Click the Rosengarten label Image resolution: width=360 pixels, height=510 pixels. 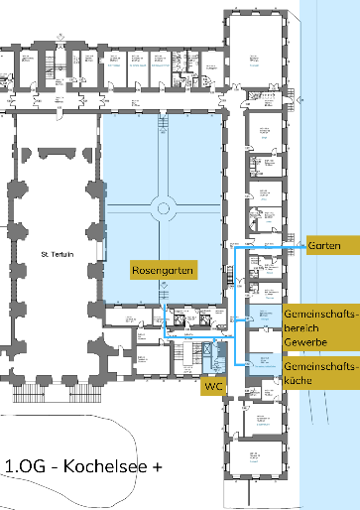click(164, 270)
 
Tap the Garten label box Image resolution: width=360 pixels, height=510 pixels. click(324, 243)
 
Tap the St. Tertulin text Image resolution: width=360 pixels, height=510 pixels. click(59, 256)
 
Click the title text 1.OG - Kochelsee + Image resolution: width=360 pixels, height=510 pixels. click(83, 466)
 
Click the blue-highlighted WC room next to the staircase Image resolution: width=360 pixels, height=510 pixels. click(210, 351)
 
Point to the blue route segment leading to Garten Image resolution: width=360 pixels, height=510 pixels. click(278, 243)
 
